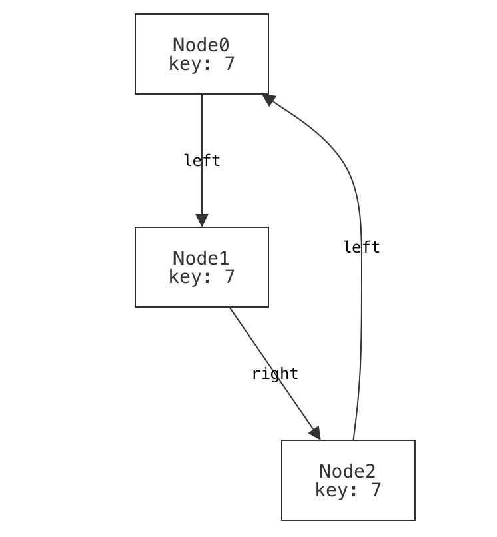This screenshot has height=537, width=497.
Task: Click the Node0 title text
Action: (x=201, y=45)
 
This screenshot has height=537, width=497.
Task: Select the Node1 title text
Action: (x=201, y=259)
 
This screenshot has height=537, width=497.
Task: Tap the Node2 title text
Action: (x=348, y=472)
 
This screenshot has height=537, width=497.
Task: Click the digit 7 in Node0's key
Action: (x=229, y=65)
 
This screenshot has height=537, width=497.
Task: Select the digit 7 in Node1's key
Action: (x=229, y=278)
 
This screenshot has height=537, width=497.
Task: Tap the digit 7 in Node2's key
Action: (x=376, y=491)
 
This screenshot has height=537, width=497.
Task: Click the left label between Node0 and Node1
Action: (x=202, y=161)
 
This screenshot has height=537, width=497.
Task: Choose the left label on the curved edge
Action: (x=362, y=247)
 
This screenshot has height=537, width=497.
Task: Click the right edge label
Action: (x=275, y=374)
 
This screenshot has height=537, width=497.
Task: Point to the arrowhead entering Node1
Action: (x=202, y=221)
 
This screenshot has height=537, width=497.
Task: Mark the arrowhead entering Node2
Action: (x=315, y=433)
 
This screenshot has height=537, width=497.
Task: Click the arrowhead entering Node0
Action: (x=269, y=99)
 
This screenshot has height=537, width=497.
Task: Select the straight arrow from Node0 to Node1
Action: (x=202, y=133)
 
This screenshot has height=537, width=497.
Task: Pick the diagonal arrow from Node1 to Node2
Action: (x=266, y=360)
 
